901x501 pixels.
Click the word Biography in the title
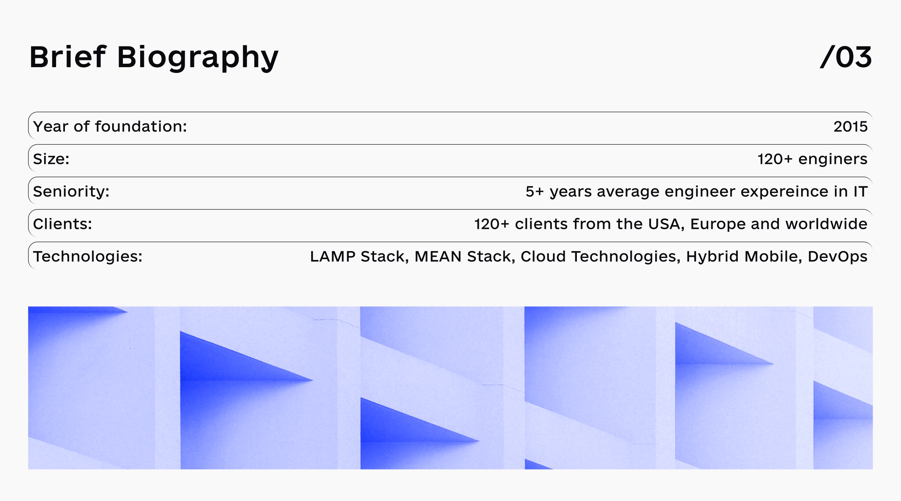tap(198, 58)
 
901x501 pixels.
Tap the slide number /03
tap(846, 58)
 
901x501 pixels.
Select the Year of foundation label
tap(110, 126)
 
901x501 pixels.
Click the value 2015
tap(850, 127)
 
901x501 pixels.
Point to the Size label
tap(51, 159)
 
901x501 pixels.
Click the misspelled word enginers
tap(833, 159)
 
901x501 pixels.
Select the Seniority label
tap(71, 192)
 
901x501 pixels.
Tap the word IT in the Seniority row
tap(860, 192)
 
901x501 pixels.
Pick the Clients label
tap(63, 224)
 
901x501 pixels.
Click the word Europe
tap(718, 224)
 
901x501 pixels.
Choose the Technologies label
tap(88, 257)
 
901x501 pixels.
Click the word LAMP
tap(333, 256)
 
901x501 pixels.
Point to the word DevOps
tap(837, 257)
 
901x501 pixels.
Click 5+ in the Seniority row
tap(535, 192)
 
